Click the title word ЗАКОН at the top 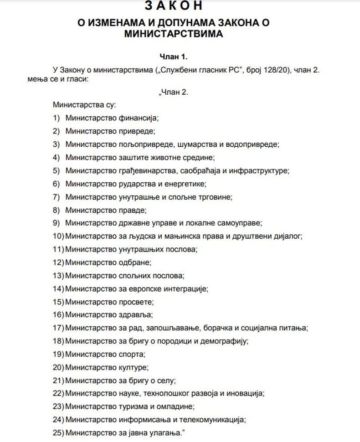pos(173,5)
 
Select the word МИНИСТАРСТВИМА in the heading pos(173,34)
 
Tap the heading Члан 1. pos(173,57)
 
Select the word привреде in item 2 pos(137,131)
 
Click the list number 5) pos(57,171)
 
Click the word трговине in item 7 pos(214,197)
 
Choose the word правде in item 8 pos(133,210)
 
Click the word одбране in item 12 pos(134,262)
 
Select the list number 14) pos(58,288)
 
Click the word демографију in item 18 pos(222,341)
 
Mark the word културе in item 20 pos(133,367)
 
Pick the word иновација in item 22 pos(247,393)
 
